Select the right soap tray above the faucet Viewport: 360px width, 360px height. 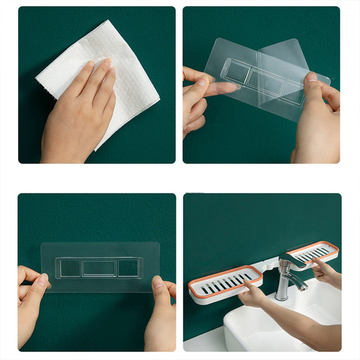[317, 252]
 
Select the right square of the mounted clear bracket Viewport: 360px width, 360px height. [128, 269]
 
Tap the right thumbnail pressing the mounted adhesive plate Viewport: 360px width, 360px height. [157, 282]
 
